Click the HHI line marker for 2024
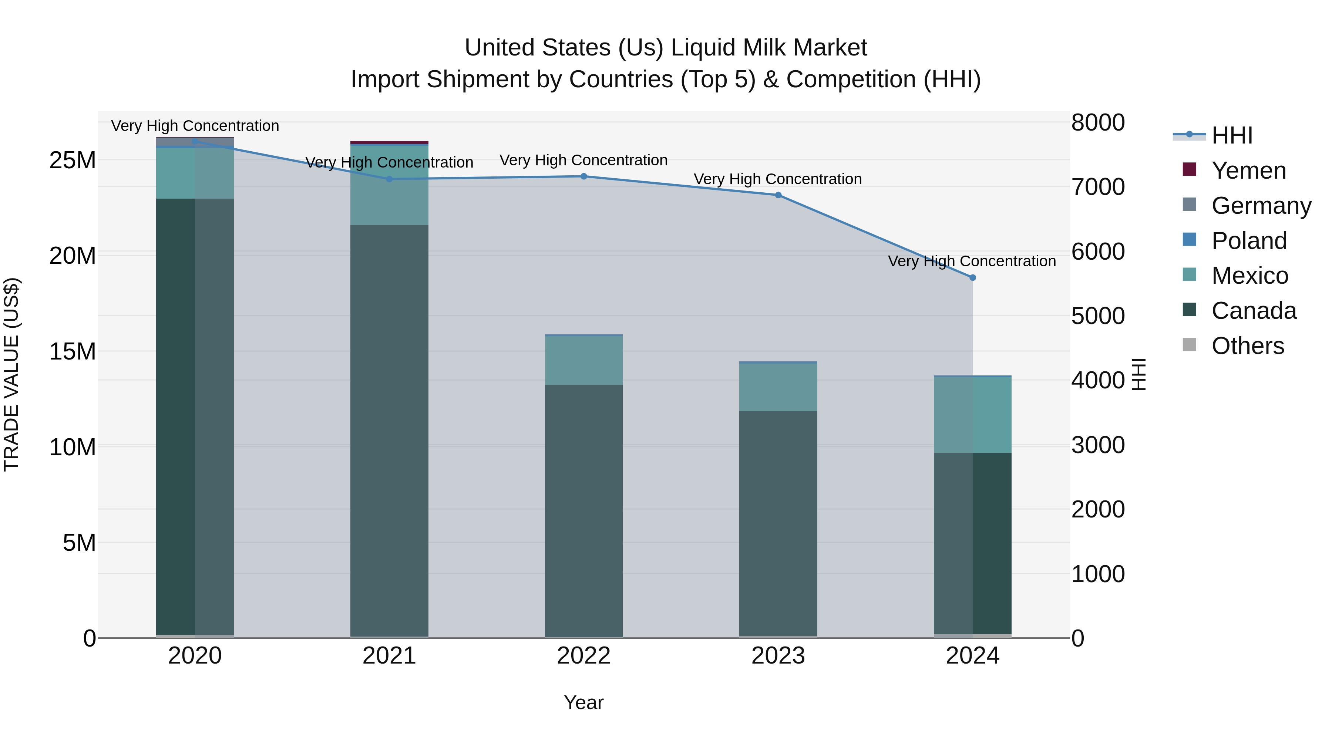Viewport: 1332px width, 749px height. coord(972,277)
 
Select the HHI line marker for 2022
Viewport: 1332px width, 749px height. coord(584,176)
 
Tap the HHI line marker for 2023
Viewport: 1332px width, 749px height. coord(778,195)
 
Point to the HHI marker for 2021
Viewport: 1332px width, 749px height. coord(389,179)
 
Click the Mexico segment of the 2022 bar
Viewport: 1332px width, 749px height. coord(584,360)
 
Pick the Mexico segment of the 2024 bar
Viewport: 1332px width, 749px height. coord(972,415)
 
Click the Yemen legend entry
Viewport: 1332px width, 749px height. coord(1248,171)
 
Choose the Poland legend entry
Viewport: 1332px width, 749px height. coord(1248,241)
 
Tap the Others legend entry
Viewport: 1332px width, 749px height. coord(1247,346)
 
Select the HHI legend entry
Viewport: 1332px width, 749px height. coord(1232,135)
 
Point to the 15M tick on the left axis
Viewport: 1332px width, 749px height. coord(73,351)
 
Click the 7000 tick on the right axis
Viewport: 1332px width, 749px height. coord(1097,187)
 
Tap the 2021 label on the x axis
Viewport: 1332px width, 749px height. coord(389,656)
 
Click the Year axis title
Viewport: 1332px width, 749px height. coord(584,702)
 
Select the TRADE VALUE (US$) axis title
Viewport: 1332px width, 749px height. coord(11,374)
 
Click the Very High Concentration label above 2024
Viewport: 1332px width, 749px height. coord(972,261)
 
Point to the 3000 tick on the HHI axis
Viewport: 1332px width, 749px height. coord(1097,445)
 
